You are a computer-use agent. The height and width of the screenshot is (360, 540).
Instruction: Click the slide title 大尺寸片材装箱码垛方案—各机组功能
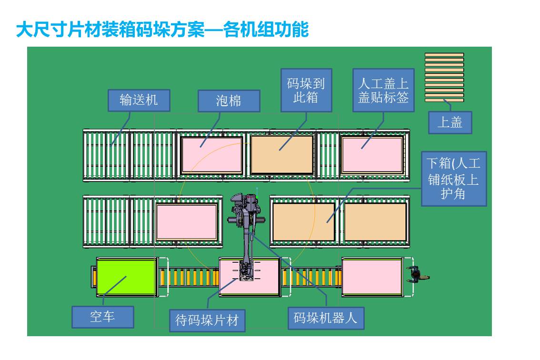162,30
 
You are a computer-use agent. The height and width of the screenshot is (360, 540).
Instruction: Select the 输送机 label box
139,100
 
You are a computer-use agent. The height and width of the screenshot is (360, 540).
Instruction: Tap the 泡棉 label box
229,101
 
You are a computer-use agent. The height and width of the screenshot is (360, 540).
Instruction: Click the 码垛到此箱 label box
306,90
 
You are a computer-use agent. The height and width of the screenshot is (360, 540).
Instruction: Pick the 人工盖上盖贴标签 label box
383,90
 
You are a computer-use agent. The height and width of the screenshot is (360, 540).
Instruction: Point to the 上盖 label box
450,122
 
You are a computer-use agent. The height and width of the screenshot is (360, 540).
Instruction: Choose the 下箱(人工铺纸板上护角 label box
453,179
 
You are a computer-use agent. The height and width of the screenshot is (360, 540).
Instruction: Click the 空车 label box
103,317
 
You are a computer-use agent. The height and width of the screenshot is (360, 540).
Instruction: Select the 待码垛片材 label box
207,320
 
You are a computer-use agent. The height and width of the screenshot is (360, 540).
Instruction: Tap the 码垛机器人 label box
326,318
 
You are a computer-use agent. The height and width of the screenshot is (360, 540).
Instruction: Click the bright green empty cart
126,277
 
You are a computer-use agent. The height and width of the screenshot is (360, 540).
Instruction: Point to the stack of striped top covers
444,77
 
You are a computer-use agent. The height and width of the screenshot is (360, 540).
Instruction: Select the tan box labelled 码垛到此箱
282,155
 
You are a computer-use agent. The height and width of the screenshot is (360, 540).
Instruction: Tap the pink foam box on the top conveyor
212,155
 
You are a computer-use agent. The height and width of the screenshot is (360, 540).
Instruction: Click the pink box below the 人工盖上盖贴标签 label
372,155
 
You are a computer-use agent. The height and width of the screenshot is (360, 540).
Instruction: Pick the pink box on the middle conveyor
187,222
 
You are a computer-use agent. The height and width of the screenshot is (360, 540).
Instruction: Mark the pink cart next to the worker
372,277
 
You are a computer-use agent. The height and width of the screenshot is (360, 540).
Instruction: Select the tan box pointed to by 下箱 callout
304,222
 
